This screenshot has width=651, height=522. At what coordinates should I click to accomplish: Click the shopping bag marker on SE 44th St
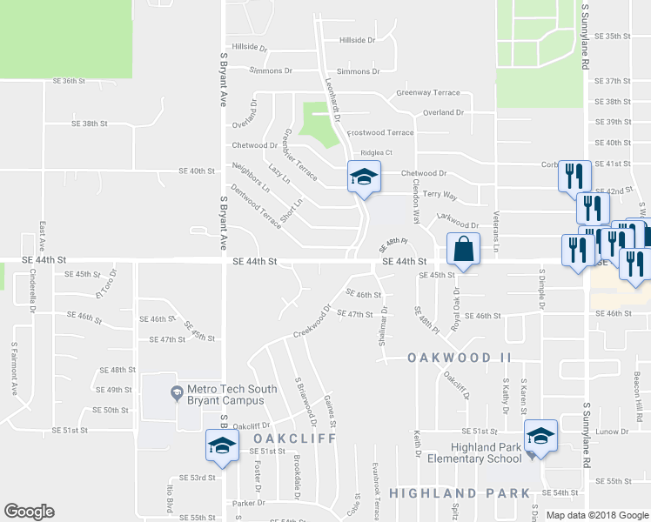(463, 250)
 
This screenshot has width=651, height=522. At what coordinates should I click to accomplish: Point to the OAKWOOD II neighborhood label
(460, 358)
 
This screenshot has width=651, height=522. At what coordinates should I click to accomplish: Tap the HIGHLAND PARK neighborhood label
(460, 493)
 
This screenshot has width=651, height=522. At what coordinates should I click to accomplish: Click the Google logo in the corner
(29, 511)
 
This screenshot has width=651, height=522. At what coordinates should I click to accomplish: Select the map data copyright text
(597, 515)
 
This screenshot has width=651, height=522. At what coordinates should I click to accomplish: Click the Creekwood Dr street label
(312, 322)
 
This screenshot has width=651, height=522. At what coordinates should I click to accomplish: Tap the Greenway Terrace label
(427, 92)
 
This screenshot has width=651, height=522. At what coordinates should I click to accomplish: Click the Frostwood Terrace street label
(380, 133)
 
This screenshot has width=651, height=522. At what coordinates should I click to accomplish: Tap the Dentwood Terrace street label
(256, 206)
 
